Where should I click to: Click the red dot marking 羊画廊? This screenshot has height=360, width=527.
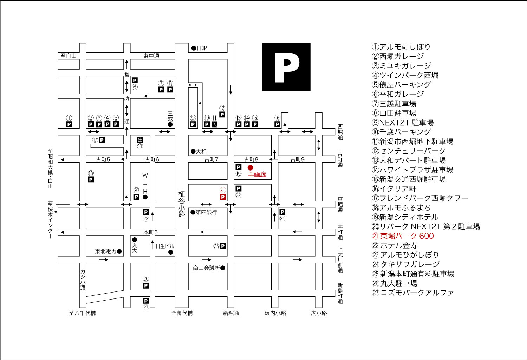click(250, 168)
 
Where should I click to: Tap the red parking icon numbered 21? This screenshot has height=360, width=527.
click(222, 197)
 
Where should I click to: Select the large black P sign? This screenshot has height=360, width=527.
click(286, 67)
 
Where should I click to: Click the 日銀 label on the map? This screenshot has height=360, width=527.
click(202, 48)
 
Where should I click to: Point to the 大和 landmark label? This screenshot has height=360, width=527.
click(201, 152)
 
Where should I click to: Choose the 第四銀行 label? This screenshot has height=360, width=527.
click(206, 212)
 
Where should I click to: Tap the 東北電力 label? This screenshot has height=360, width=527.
click(106, 251)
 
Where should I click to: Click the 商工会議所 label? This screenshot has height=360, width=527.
click(206, 268)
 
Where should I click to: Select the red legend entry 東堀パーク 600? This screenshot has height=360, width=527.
click(403, 236)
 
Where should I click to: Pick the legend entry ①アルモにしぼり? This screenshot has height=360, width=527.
click(401, 47)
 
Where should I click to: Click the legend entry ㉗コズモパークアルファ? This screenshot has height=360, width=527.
click(413, 292)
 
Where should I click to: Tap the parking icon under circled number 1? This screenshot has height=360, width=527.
click(69, 124)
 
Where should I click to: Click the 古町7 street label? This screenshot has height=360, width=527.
click(211, 159)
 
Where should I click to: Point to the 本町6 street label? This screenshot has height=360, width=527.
click(151, 232)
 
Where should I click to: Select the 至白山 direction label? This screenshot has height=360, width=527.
click(69, 56)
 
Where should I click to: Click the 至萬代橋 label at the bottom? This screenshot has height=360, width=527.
click(182, 313)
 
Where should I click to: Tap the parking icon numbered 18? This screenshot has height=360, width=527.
click(91, 180)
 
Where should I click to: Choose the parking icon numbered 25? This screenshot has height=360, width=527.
click(222, 246)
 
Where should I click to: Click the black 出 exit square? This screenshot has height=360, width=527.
click(140, 140)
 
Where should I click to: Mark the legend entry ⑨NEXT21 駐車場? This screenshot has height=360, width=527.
click(403, 123)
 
